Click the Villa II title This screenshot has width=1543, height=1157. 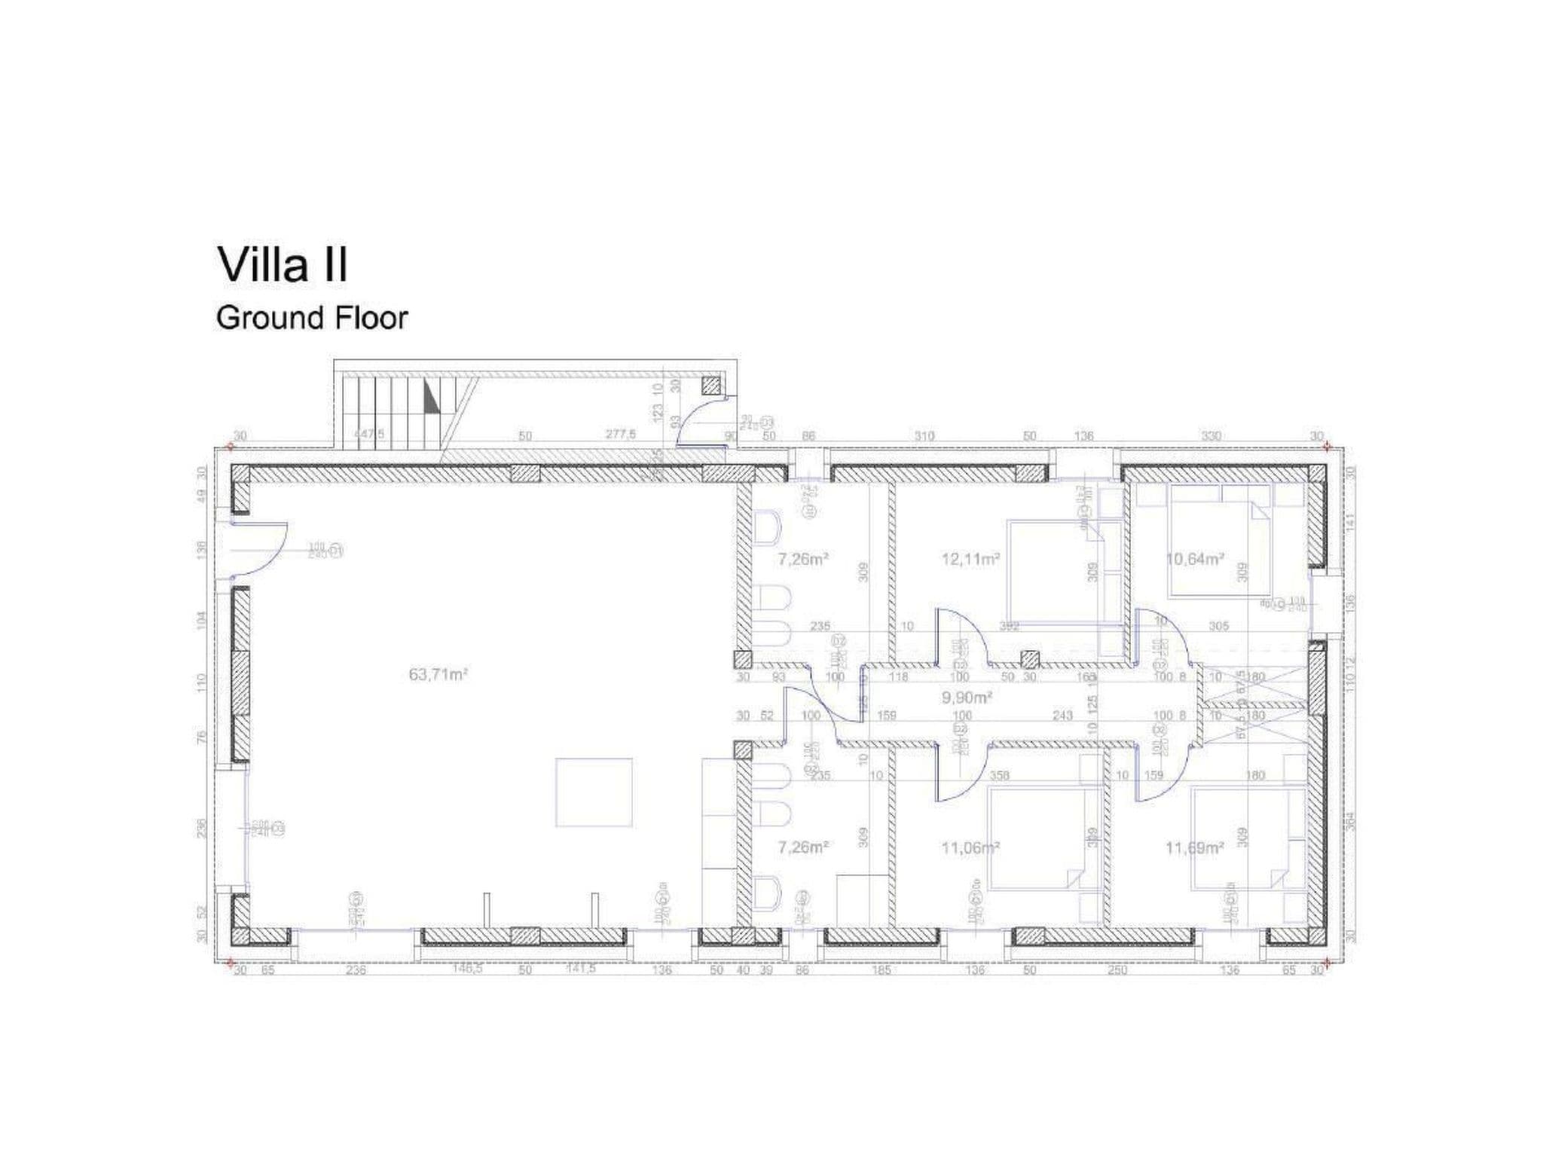283,265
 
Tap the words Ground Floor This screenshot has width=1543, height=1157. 311,318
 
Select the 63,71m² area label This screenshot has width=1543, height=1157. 438,674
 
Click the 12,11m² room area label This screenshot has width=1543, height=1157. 970,559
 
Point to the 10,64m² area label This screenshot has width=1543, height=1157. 1195,559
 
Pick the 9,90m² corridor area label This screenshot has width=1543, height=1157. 967,698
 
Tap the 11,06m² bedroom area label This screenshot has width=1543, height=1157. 970,848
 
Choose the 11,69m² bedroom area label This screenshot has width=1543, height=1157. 1195,848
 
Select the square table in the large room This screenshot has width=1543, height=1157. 594,792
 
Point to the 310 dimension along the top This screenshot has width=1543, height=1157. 924,436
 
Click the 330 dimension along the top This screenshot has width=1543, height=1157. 1211,436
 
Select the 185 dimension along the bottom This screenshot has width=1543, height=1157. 881,970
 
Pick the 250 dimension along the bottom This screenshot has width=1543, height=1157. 1117,970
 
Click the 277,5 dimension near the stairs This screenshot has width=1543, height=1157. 621,435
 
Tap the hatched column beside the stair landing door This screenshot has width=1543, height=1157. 711,386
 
